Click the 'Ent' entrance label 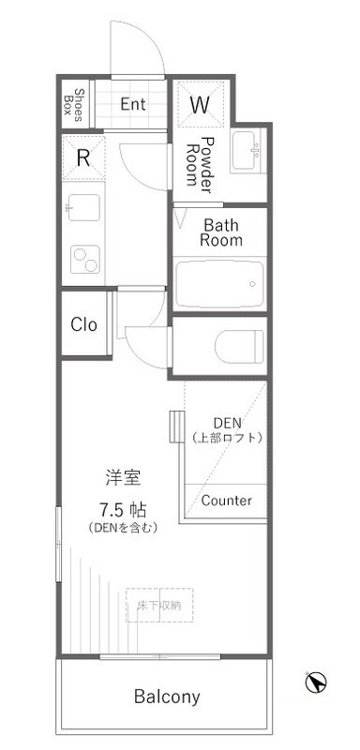(x=133, y=104)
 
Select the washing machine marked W (x=200, y=105)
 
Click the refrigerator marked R (x=83, y=157)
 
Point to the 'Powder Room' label (x=201, y=161)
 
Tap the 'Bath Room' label (x=223, y=232)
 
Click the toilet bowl (x=240, y=348)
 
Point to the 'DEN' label (x=227, y=422)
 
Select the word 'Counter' (x=226, y=500)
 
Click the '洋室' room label (x=123, y=477)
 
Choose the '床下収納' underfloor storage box (x=160, y=605)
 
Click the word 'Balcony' (x=167, y=697)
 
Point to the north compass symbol (x=318, y=683)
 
